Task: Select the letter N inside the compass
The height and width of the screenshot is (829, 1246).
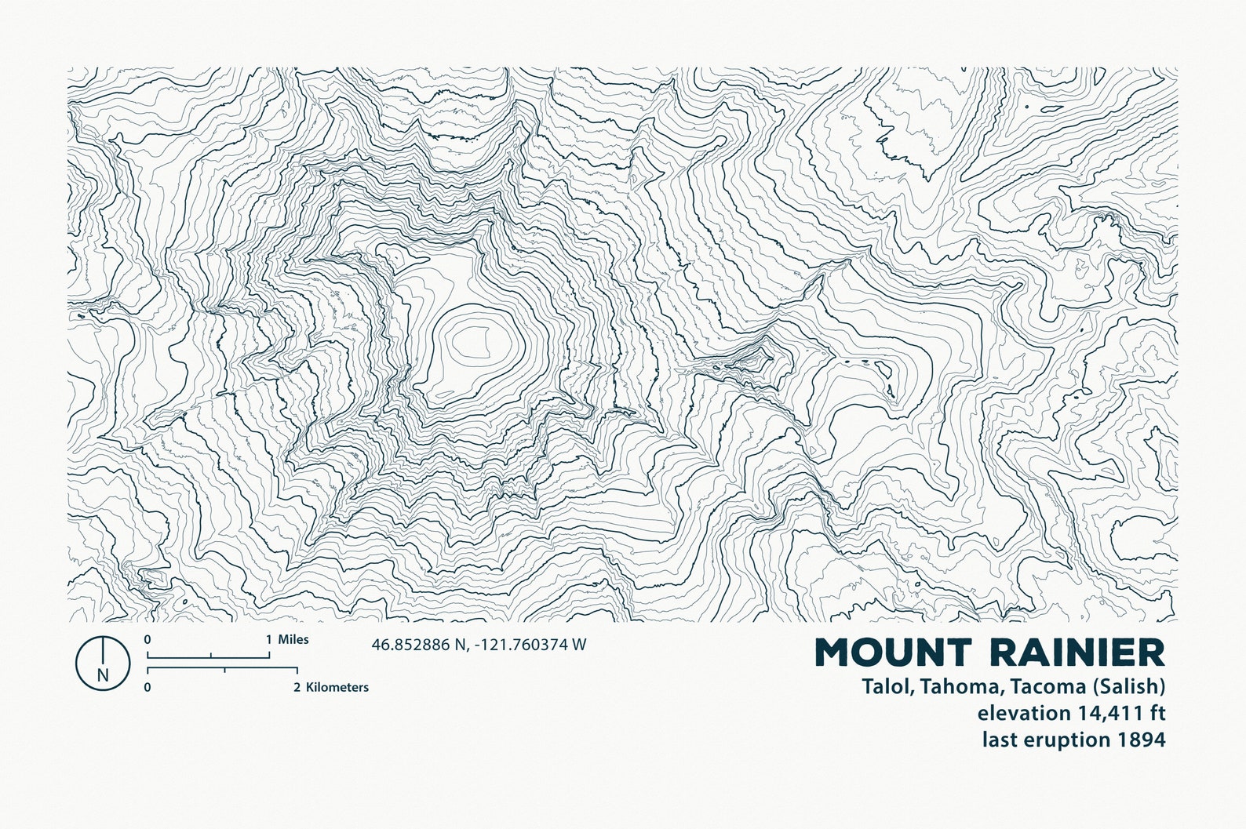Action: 102,674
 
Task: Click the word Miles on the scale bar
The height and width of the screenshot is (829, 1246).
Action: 293,639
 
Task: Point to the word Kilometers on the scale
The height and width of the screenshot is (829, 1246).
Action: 337,687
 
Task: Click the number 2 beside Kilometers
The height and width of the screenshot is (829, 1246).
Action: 297,687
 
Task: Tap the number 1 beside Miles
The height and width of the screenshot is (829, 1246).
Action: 268,639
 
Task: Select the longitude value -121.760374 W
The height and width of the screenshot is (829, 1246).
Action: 530,645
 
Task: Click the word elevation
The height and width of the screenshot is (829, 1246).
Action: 1022,713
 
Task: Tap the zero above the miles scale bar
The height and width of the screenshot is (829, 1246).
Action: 148,639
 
